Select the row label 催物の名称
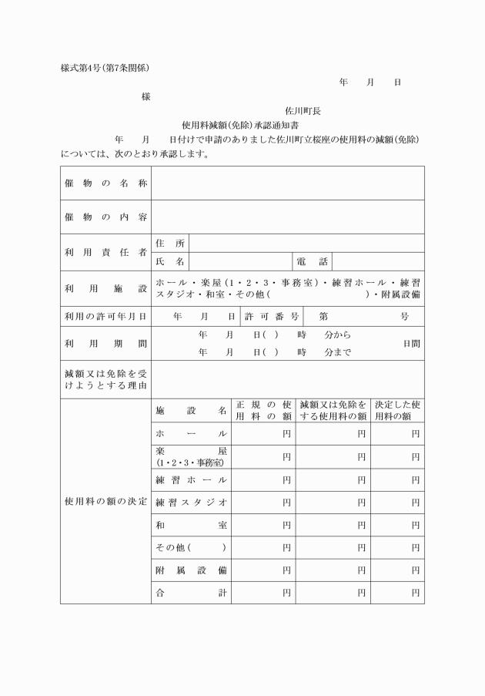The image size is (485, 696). tap(105, 183)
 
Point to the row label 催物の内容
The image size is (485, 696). tap(105, 217)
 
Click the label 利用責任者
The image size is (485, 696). tap(105, 252)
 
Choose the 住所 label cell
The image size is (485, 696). tap(170, 244)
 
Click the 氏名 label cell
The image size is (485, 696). tap(170, 262)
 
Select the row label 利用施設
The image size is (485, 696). tap(105, 288)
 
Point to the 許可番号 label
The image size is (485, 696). tap(273, 316)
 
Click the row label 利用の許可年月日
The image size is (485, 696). tap(105, 316)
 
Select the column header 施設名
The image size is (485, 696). tap(191, 410)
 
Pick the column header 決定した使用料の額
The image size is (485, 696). tap(397, 410)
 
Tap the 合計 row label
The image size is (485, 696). tap(191, 593)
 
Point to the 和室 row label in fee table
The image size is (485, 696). tap(191, 525)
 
